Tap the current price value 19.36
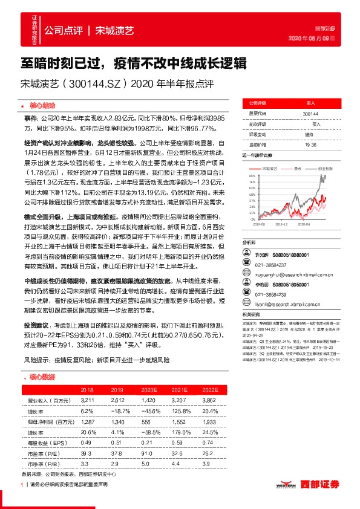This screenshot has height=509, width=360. pyautogui.click(x=311, y=144)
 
